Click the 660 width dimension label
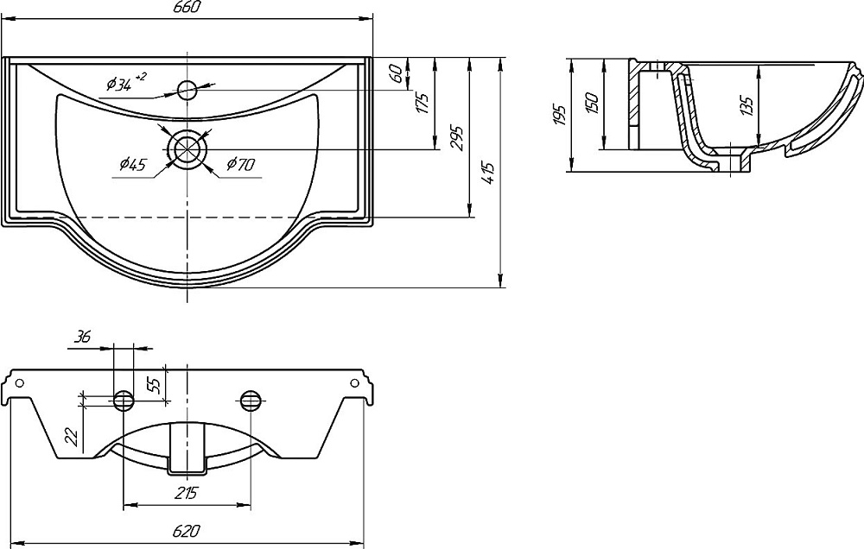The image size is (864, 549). pyautogui.click(x=187, y=8)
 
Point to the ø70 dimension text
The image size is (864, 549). pyautogui.click(x=240, y=163)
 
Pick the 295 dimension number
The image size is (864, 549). pyautogui.click(x=457, y=138)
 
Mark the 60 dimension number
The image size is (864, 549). pyautogui.click(x=395, y=73)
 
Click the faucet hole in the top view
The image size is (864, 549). pyautogui.click(x=187, y=88)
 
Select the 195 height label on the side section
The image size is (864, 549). pyautogui.click(x=559, y=115)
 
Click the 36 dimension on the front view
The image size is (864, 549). pyautogui.click(x=83, y=338)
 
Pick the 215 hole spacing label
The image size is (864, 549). pyautogui.click(x=187, y=493)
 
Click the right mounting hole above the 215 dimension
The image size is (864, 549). pyautogui.click(x=251, y=399)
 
